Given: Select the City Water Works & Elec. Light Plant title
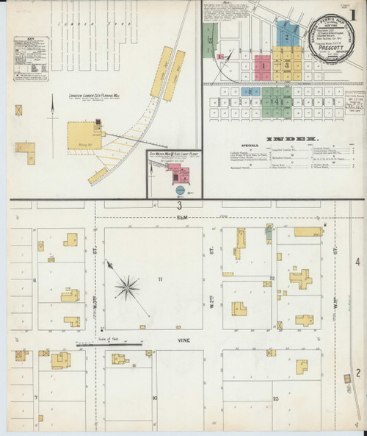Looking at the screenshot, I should pos(175,156).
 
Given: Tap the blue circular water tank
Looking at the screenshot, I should pos(181,190).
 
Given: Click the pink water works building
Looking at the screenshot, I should pos(181,174).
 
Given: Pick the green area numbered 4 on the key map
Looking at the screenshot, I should pos(276,100).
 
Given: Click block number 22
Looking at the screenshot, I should pos(272,278).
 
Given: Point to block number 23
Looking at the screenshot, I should pos(275,398).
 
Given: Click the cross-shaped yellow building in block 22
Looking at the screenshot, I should pos(300,279).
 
